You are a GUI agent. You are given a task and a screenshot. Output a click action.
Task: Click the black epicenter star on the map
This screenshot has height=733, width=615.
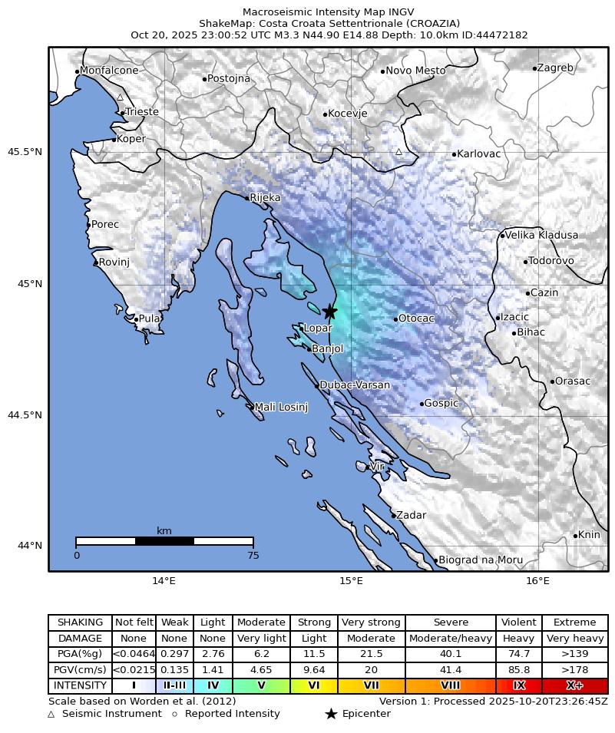330,312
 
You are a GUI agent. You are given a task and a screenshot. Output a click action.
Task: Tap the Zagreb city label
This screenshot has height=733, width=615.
554,68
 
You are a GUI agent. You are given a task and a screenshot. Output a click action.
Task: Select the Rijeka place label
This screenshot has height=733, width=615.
265,198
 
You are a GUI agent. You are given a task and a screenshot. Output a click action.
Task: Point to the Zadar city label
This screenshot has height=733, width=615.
411,516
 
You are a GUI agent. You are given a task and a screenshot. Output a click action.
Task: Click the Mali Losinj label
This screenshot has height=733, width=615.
281,407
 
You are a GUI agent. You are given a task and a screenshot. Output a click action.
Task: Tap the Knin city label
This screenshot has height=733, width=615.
589,535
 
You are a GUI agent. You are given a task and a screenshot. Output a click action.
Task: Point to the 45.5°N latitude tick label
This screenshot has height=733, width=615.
25,152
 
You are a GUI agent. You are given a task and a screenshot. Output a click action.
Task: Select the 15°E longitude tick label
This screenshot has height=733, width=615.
351,582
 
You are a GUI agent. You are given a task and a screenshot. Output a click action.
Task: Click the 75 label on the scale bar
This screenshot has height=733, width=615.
253,556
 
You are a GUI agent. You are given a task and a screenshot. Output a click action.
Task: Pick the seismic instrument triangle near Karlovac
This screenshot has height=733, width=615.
398,151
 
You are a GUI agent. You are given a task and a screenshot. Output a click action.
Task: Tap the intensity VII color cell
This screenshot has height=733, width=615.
371,685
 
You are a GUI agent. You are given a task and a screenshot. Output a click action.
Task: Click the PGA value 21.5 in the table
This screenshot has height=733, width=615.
371,654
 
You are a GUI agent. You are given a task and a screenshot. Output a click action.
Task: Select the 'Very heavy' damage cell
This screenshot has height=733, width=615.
574,639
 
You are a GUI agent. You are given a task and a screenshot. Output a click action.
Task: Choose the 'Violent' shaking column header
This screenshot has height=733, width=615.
519,622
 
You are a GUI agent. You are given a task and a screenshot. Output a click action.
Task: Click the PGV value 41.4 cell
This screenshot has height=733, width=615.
451,670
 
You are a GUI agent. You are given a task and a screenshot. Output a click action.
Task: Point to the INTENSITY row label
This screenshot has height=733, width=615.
80,685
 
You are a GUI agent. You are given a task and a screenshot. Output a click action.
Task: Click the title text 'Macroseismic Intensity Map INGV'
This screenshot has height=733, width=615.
329,12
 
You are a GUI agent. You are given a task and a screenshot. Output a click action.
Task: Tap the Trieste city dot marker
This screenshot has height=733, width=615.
122,113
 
